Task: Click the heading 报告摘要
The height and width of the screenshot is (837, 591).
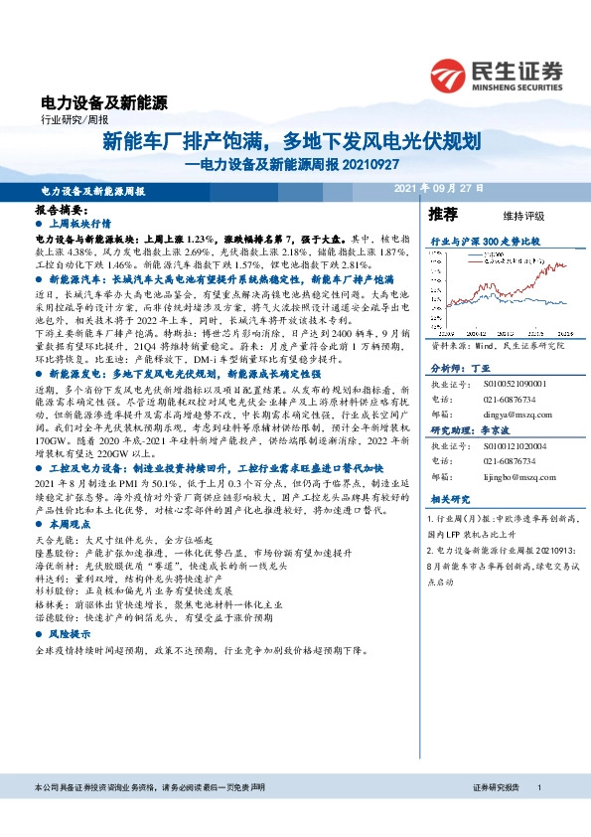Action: pos(62,211)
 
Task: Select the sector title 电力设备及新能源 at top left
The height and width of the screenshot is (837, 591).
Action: pos(103,101)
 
